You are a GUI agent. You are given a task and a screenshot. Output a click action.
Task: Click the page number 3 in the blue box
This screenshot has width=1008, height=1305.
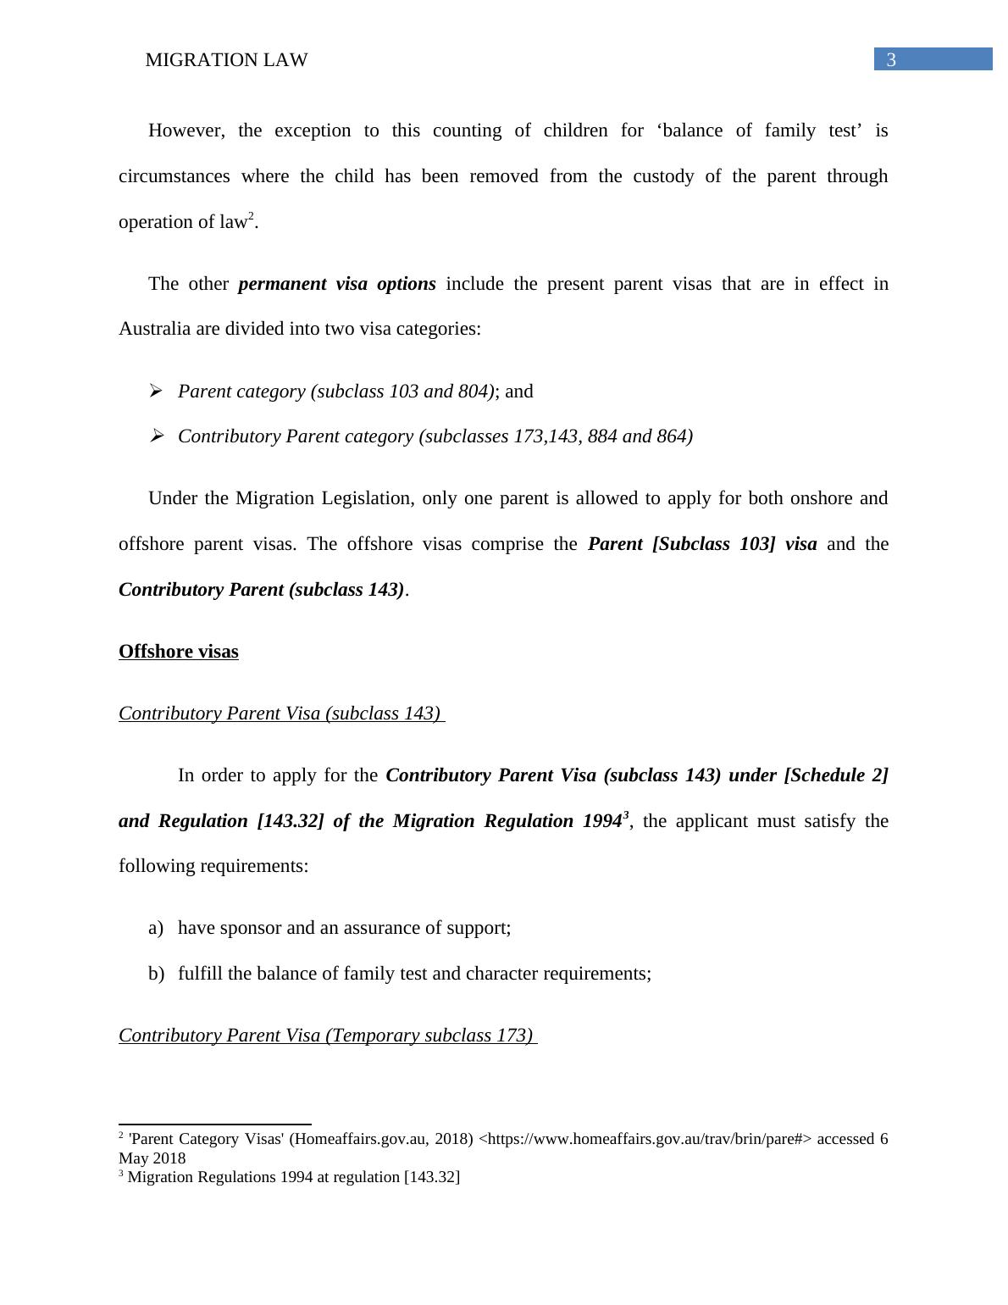tap(891, 60)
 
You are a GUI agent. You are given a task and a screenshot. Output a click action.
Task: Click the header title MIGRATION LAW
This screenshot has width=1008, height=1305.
tap(226, 60)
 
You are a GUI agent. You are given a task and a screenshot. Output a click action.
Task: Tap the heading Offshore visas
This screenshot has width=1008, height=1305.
tap(178, 652)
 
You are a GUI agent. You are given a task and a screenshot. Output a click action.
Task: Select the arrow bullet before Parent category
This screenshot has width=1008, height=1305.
tap(156, 391)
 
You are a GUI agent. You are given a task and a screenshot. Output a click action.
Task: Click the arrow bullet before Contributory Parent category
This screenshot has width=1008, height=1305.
tap(156, 436)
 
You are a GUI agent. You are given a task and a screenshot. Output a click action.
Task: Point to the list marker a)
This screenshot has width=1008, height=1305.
tap(155, 928)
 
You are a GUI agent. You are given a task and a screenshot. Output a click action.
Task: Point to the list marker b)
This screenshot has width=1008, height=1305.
tap(156, 974)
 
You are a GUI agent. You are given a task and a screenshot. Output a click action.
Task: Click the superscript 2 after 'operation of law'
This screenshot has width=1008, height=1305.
tap(251, 216)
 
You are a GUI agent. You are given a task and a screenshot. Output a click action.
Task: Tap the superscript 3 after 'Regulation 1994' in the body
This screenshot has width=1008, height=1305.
tap(626, 815)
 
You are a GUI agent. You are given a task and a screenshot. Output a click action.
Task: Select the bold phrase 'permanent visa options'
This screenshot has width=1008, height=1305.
tap(337, 284)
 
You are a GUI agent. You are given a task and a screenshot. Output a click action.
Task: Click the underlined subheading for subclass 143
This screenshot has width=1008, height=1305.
tap(280, 714)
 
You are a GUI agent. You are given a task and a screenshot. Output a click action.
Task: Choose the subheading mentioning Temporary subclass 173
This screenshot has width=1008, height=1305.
tap(326, 1036)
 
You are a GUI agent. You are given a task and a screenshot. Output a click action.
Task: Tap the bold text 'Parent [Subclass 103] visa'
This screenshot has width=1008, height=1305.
tap(702, 544)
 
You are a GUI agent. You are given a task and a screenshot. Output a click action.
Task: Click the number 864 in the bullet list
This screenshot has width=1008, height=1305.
tap(674, 436)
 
